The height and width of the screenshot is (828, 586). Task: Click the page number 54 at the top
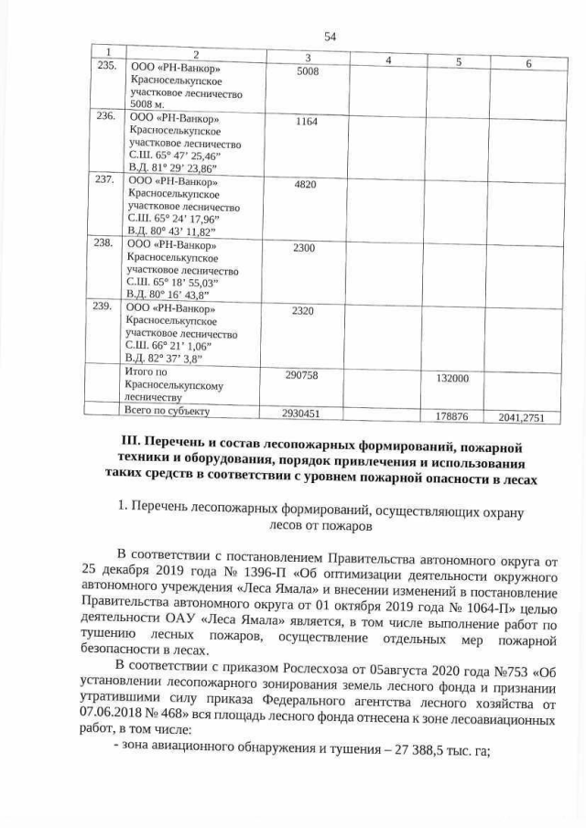click(331, 37)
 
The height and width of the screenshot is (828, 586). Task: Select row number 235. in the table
click(107, 68)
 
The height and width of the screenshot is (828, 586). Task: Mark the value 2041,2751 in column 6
click(522, 417)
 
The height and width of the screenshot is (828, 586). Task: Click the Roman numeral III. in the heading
click(127, 446)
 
